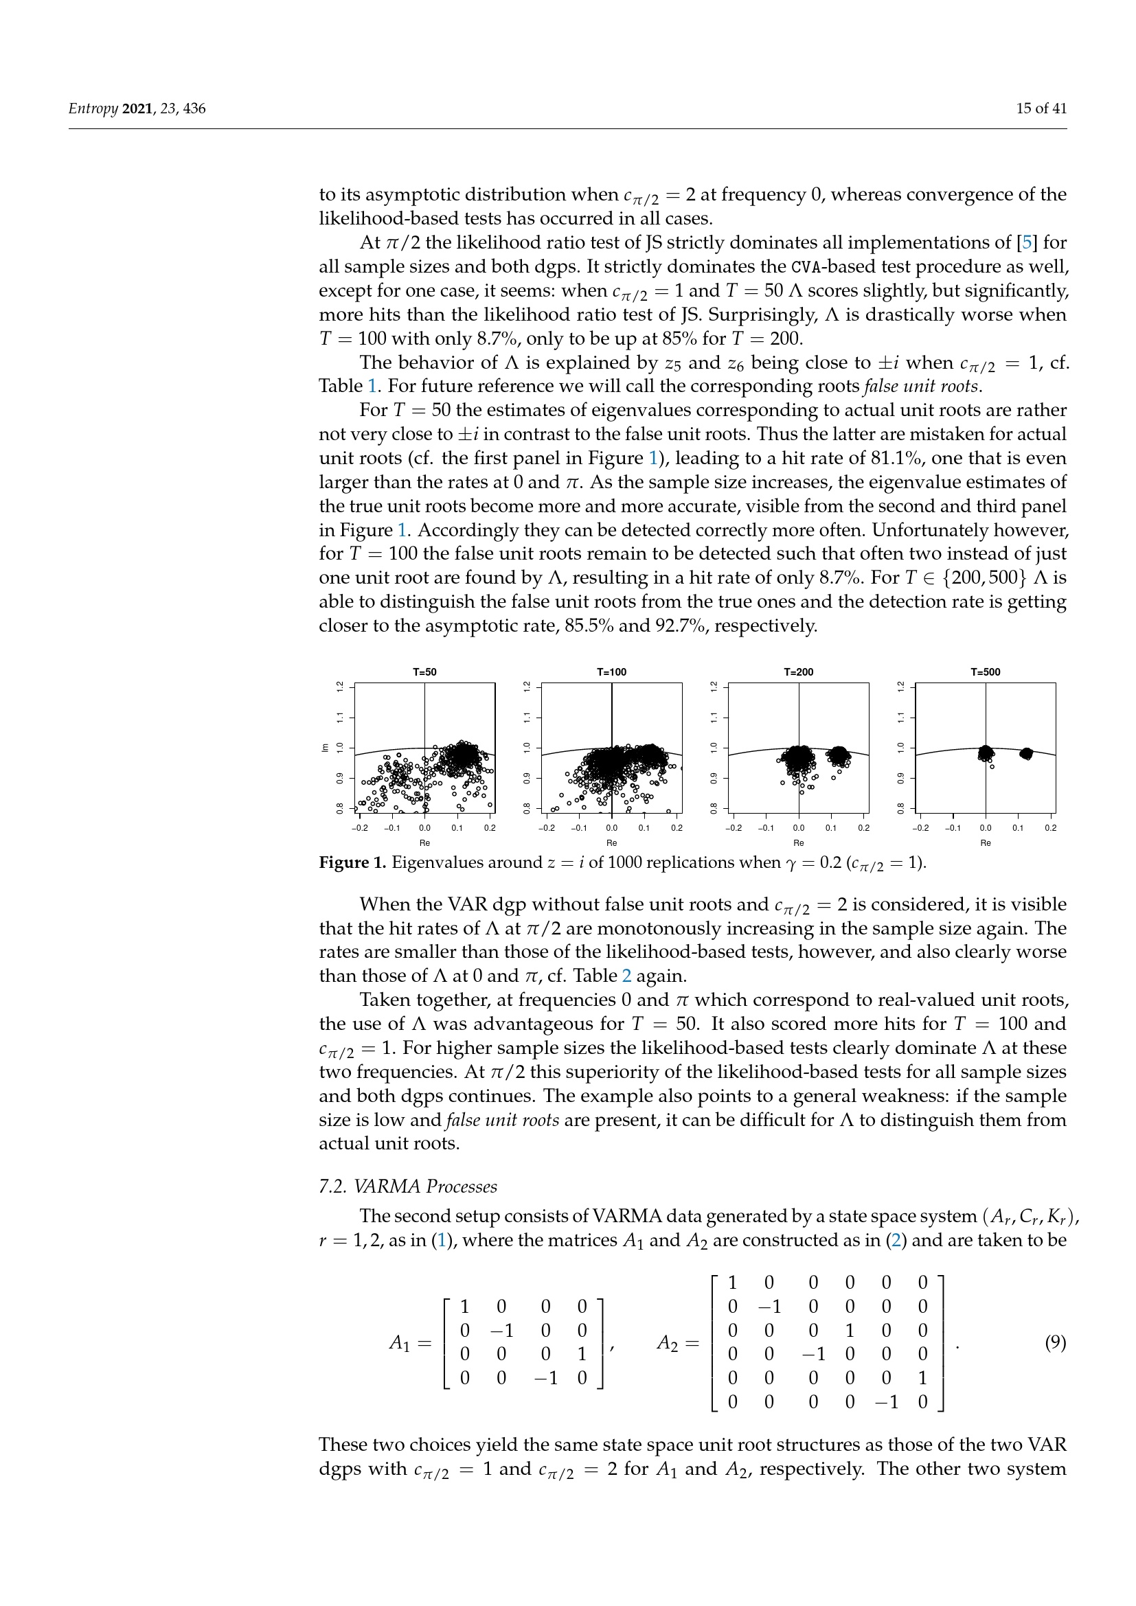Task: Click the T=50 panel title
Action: [424, 672]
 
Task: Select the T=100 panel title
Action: [611, 672]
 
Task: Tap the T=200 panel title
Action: [798, 672]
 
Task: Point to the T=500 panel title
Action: [985, 672]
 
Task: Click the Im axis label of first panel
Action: [325, 748]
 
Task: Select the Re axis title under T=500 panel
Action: [985, 843]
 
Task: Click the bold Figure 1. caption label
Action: [352, 862]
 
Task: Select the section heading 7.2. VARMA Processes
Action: [408, 1186]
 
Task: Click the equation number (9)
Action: [1055, 1342]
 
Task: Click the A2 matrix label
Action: [668, 1343]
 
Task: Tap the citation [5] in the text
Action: [1027, 242]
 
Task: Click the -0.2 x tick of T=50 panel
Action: [359, 828]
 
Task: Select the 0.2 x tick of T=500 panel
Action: [1050, 828]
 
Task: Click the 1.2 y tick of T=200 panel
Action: [714, 687]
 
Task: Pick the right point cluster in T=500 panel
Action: [1026, 753]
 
